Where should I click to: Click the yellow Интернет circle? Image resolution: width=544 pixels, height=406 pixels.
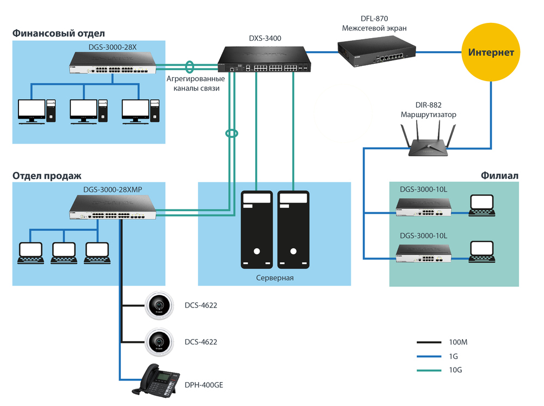point(491,53)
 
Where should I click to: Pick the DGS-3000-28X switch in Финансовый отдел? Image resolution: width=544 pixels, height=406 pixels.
point(113,63)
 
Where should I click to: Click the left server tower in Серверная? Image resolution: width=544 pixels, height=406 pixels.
point(256,230)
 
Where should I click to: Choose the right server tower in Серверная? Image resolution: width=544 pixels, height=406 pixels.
point(293,230)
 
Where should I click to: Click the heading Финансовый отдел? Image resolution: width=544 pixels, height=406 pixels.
point(58,34)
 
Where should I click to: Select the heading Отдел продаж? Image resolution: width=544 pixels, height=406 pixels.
point(47,176)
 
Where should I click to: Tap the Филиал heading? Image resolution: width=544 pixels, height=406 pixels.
point(499,176)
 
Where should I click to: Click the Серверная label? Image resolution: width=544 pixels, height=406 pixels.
point(274,278)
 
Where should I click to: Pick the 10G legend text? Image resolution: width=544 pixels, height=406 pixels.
point(456,370)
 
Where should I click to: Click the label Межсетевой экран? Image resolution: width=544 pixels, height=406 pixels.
point(374,28)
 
